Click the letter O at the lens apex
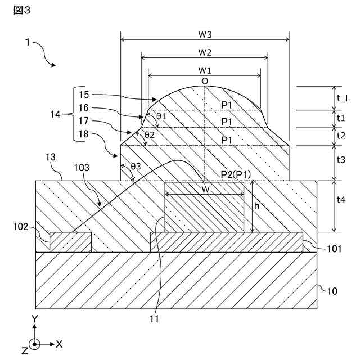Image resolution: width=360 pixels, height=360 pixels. [205, 82]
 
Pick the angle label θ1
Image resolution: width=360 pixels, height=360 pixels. [161, 116]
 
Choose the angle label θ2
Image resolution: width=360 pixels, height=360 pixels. [149, 135]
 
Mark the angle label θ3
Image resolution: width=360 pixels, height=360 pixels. [136, 167]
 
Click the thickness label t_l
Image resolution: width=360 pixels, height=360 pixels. [341, 98]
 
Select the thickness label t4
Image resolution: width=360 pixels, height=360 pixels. [341, 206]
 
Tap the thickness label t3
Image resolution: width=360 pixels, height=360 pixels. [341, 160]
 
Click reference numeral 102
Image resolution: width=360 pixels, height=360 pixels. [21, 227]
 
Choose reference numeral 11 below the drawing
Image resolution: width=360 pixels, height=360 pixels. [155, 319]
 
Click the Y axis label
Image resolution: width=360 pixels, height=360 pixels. [35, 318]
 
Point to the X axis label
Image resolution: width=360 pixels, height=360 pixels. [60, 343]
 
